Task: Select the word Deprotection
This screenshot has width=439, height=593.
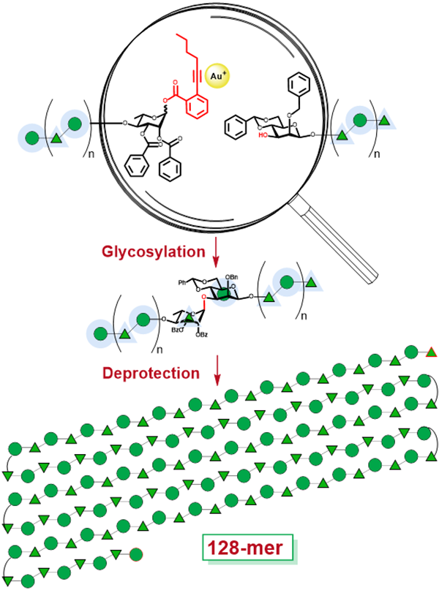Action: click(x=151, y=372)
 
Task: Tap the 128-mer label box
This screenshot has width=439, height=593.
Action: click(x=247, y=547)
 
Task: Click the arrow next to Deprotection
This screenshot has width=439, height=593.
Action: click(x=217, y=374)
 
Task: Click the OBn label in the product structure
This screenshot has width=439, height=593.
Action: click(x=233, y=276)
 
